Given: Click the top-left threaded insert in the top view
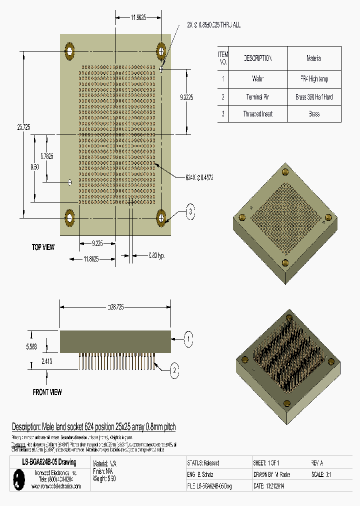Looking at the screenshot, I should click(69, 50).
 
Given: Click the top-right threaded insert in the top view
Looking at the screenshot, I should click(161, 50).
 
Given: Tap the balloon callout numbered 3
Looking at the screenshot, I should click(190, 212).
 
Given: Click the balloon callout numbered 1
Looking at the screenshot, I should click(188, 339).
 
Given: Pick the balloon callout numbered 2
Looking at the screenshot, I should click(174, 370).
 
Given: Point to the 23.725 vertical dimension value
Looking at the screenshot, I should click(23, 128).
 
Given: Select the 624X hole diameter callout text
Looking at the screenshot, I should click(199, 177).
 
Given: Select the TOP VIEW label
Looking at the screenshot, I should click(43, 247).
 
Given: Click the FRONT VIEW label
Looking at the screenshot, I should click(47, 392).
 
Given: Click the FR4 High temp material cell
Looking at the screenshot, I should click(314, 79).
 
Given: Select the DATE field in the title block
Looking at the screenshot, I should click(270, 485).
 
